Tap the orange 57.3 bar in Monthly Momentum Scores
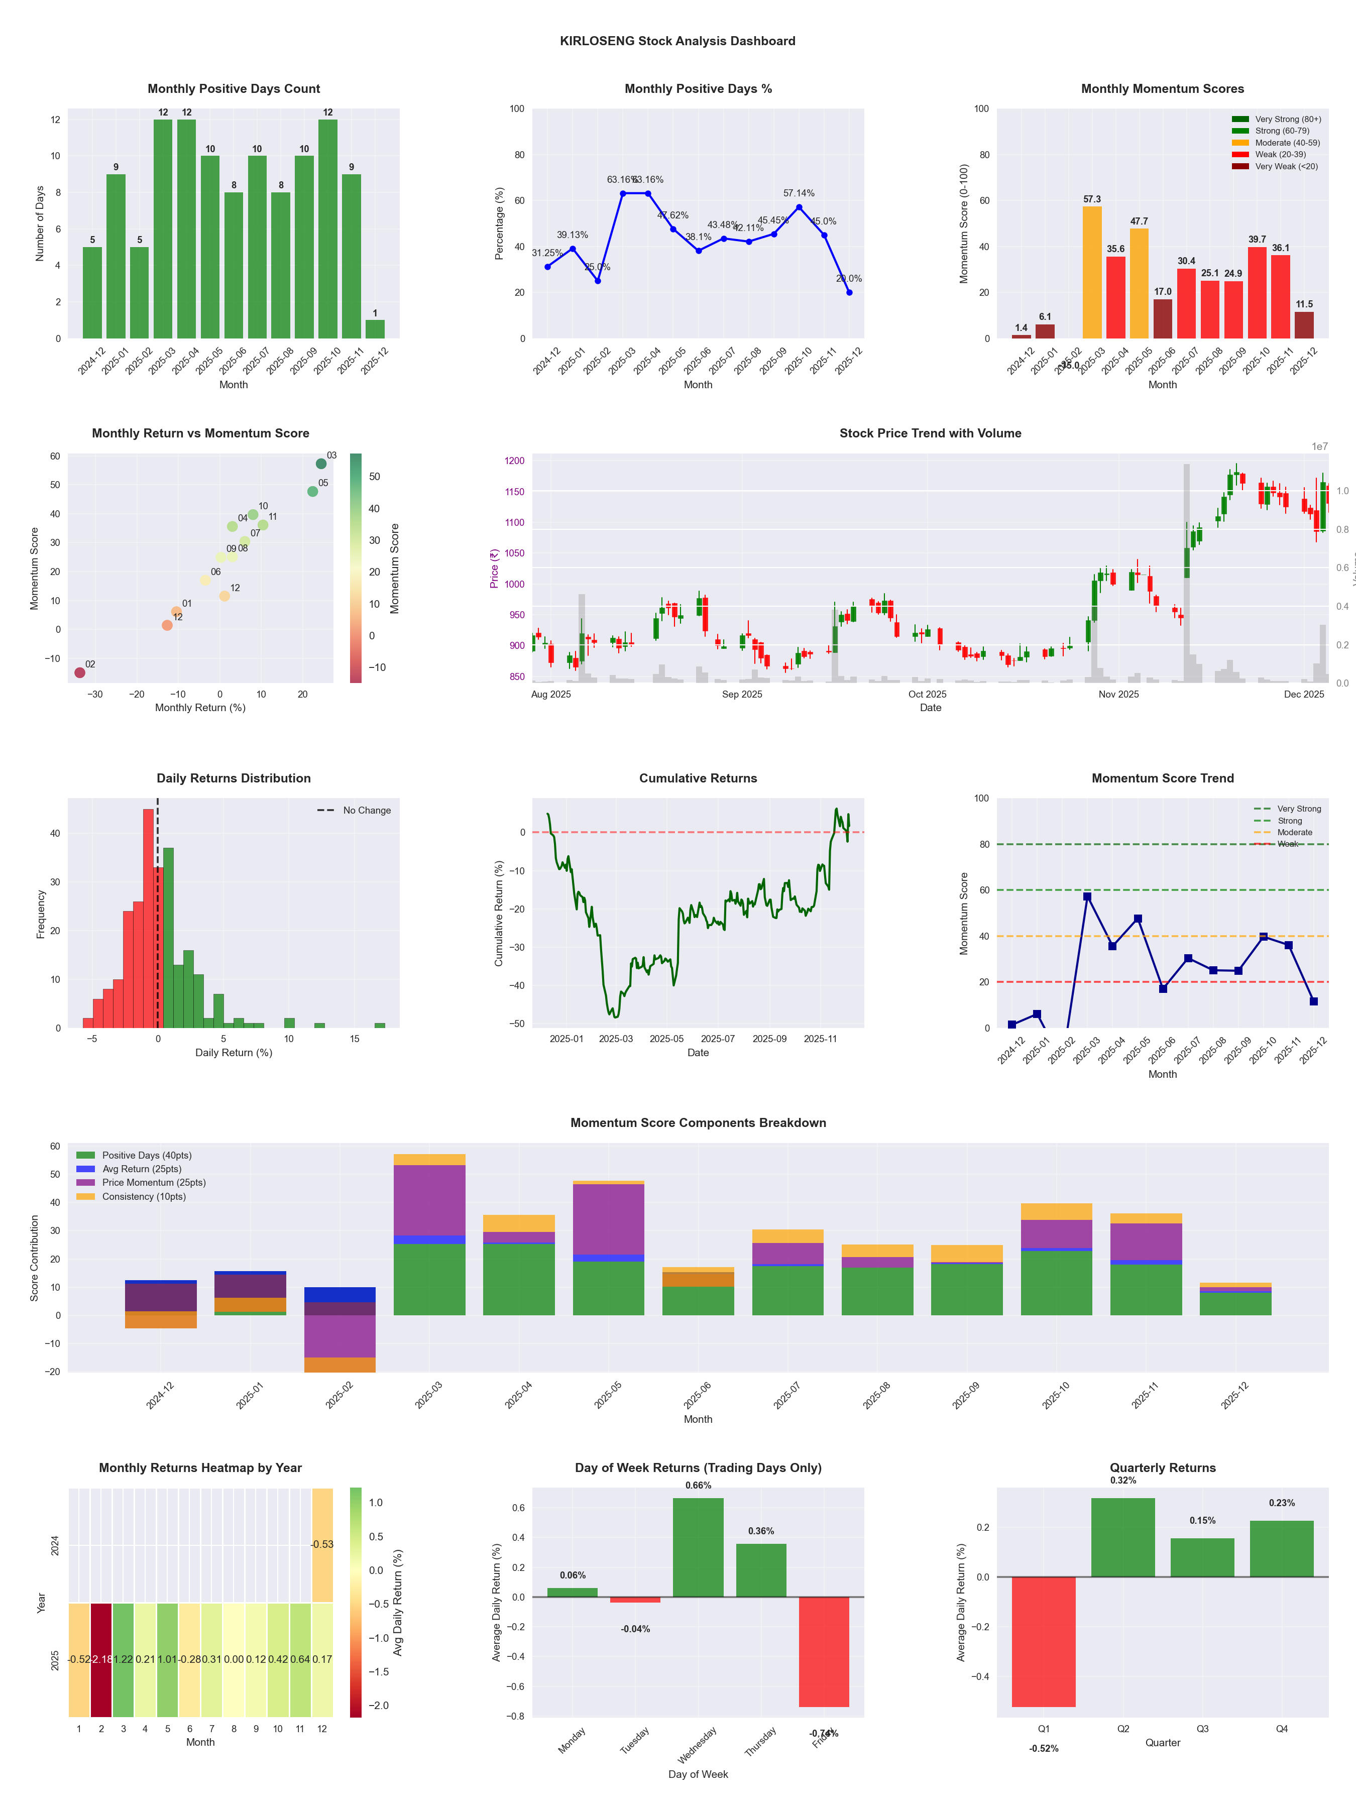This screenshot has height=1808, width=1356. tap(1092, 272)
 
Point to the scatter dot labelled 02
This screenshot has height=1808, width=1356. tap(80, 672)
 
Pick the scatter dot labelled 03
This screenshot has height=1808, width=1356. tap(321, 464)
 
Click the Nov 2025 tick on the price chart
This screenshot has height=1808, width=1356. tap(1118, 695)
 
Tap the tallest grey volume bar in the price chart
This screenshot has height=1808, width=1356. tap(1187, 572)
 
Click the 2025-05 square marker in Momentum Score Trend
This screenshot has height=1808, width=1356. tap(1138, 919)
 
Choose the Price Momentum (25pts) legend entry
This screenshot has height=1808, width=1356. tap(154, 1183)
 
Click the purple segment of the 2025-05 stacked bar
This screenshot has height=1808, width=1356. tap(608, 1219)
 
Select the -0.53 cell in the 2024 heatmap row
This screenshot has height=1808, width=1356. tap(322, 1545)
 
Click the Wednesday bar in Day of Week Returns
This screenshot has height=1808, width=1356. tap(698, 1547)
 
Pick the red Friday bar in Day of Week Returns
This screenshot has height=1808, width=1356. tap(824, 1651)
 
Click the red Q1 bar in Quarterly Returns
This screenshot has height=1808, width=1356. tap(1044, 1641)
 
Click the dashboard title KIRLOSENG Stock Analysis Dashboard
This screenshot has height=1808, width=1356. tap(677, 41)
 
